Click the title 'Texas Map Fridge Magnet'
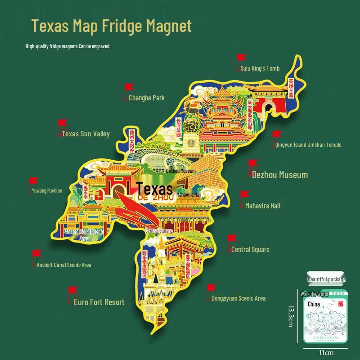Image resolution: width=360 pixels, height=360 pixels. [112, 26]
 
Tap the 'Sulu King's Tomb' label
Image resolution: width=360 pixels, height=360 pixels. [260, 68]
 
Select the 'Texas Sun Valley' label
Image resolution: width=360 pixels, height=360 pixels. [85, 134]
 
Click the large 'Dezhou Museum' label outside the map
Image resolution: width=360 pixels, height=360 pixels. [279, 175]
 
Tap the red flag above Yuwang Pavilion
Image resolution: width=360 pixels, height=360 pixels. [33, 181]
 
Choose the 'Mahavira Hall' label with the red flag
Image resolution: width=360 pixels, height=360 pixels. [262, 206]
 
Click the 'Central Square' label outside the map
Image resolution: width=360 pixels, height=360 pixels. [250, 249]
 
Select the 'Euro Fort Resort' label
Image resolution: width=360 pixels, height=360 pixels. [99, 302]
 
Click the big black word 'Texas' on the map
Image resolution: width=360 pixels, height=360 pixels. [154, 188]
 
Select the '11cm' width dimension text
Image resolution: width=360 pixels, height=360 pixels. [326, 353]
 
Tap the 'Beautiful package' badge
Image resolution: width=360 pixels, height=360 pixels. [327, 279]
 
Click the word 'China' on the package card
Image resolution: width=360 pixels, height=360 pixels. [314, 304]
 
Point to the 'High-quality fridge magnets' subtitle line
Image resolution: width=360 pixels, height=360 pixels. [67, 46]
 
